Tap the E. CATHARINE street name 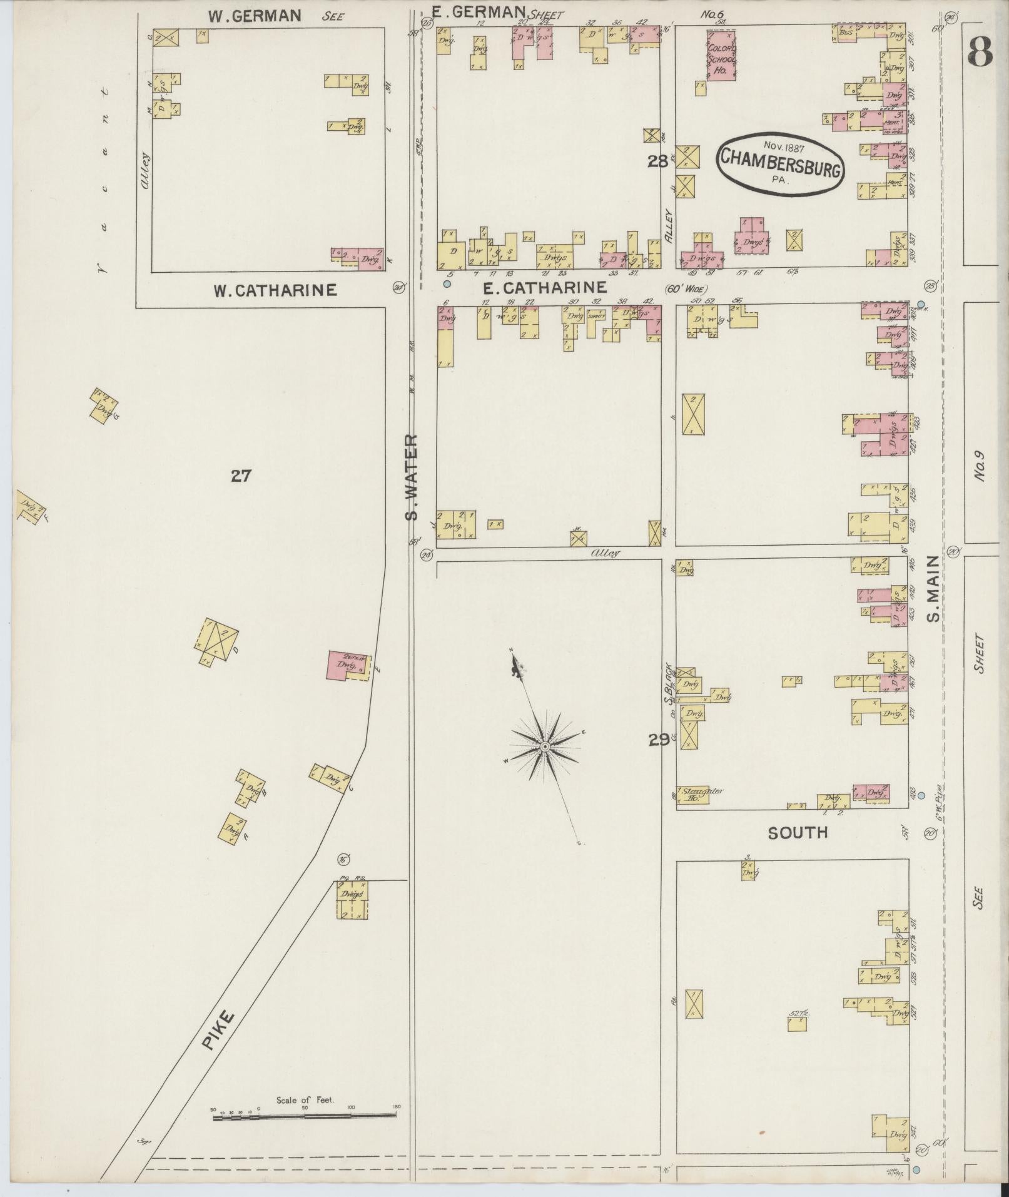coord(545,288)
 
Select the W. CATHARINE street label coord(275,290)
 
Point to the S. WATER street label coord(411,477)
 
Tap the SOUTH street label coord(798,832)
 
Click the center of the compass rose coord(545,747)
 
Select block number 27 coord(241,476)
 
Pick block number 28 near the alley coord(657,161)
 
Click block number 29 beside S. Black coord(658,740)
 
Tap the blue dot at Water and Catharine coord(447,284)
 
